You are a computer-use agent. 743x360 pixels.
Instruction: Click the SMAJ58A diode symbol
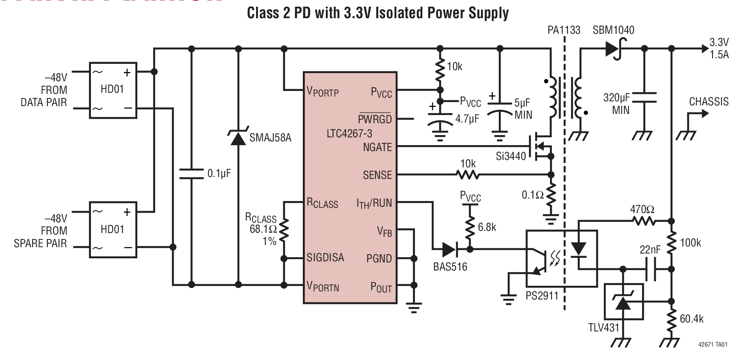238,137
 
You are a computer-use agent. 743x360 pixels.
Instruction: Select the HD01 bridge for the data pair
113,90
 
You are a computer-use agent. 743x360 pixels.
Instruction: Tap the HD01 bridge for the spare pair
113,230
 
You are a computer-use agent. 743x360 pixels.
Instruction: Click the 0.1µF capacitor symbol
191,174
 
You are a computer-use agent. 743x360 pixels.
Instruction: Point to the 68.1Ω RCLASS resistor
284,230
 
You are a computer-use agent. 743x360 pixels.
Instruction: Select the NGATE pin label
377,147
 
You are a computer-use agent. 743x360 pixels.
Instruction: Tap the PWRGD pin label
374,119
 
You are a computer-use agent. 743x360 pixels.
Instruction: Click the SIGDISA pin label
325,258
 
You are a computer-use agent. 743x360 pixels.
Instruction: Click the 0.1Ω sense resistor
551,194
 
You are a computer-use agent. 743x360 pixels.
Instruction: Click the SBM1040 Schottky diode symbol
613,48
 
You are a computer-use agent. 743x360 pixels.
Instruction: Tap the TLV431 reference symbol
623,302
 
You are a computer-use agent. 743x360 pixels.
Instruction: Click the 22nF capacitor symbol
651,269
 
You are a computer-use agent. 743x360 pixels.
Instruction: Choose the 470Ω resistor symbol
644,221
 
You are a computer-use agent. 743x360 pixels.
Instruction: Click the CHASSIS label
708,101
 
